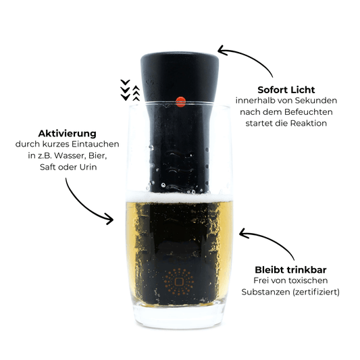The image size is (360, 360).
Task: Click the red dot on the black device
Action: click(x=180, y=102)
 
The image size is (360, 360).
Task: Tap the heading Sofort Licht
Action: click(x=286, y=89)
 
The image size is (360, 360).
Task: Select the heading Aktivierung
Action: click(x=67, y=134)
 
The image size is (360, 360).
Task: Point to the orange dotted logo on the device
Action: click(x=180, y=283)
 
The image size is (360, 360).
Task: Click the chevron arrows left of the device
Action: click(x=129, y=91)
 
